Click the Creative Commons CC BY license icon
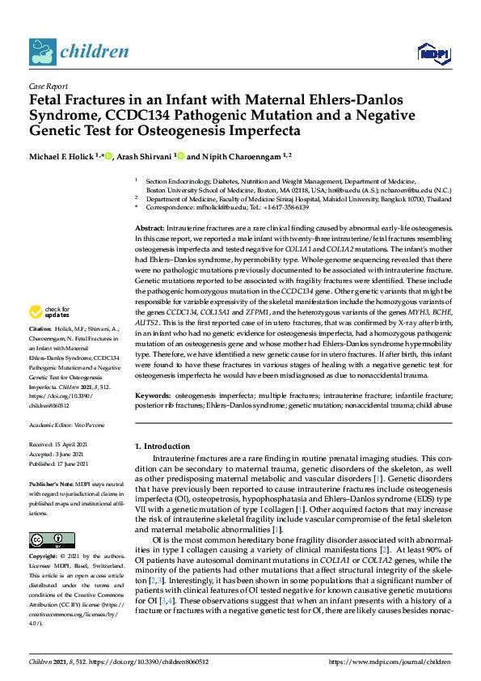47,539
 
